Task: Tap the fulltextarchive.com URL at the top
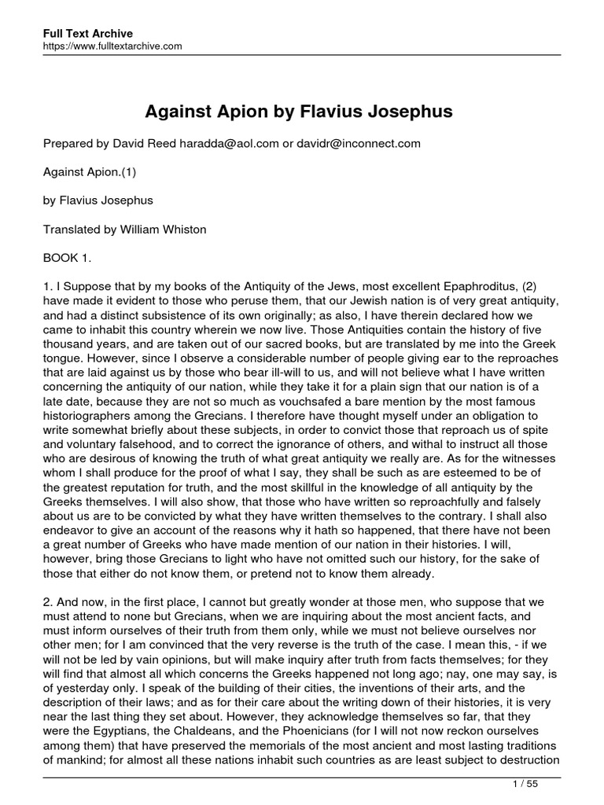point(112,46)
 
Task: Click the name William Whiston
point(157,229)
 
